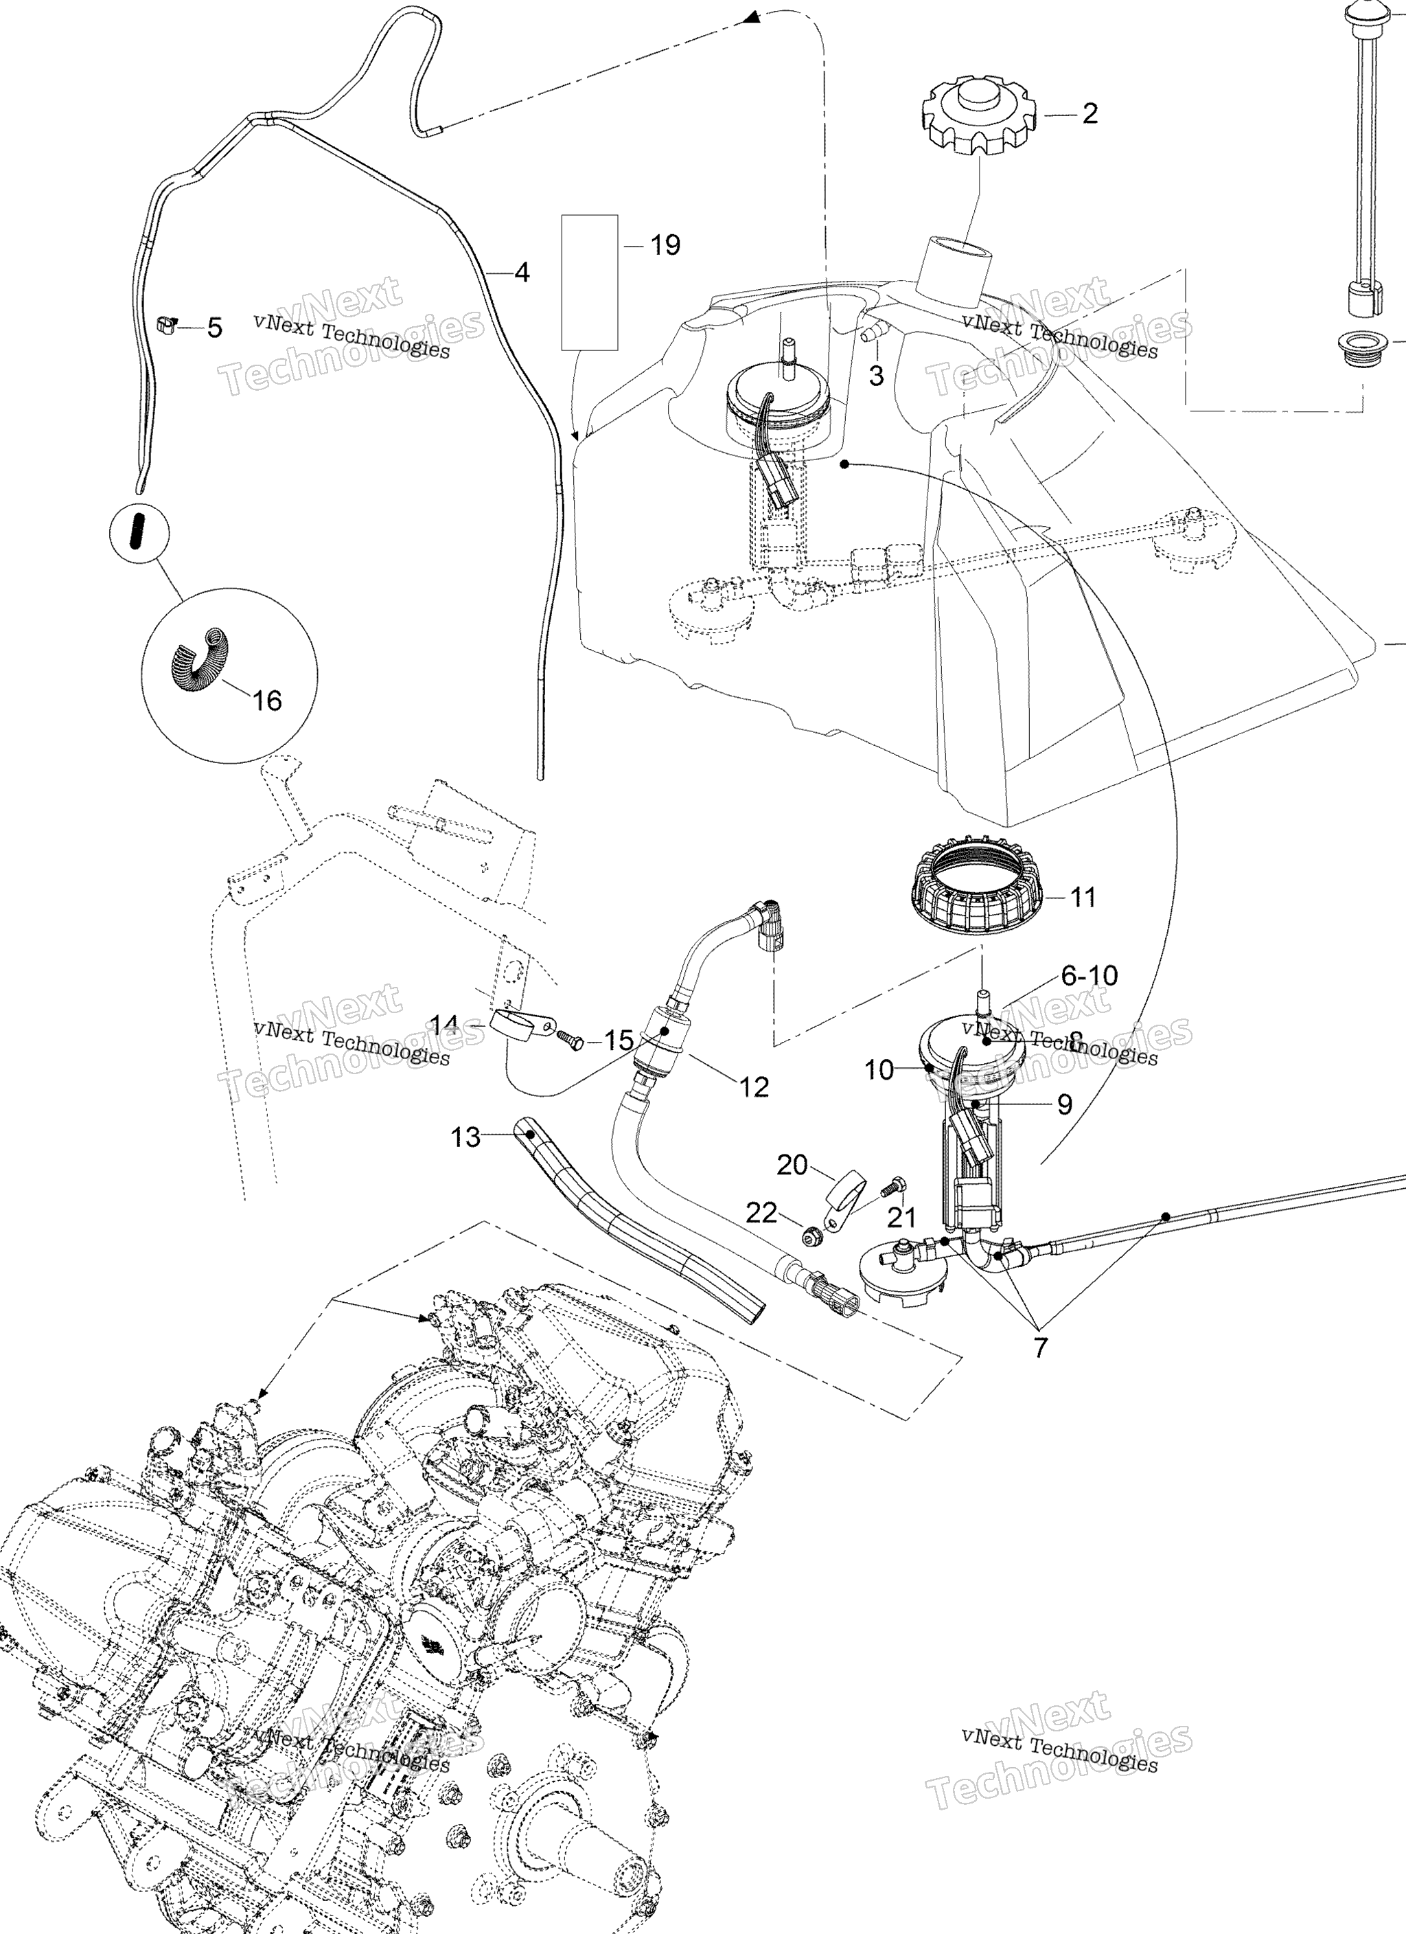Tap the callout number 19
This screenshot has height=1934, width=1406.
pos(665,246)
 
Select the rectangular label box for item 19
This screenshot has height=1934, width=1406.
pos(589,282)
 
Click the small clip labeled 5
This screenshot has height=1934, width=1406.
pos(167,323)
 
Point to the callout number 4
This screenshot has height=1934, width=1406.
pos(522,272)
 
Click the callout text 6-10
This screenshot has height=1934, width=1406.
pos(1089,975)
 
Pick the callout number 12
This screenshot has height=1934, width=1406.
pos(754,1087)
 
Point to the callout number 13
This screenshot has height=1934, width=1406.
pos(465,1137)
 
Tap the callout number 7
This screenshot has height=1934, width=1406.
pos(1039,1348)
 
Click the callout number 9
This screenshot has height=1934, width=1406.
pos(1064,1104)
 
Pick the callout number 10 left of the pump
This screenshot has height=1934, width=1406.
pos(878,1069)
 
